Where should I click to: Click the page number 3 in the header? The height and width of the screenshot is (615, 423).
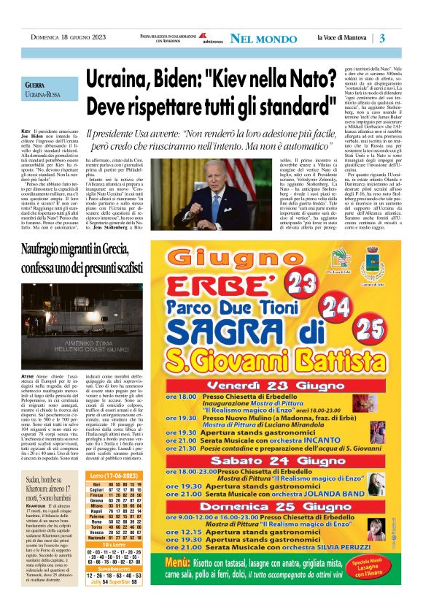click(x=402, y=38)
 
